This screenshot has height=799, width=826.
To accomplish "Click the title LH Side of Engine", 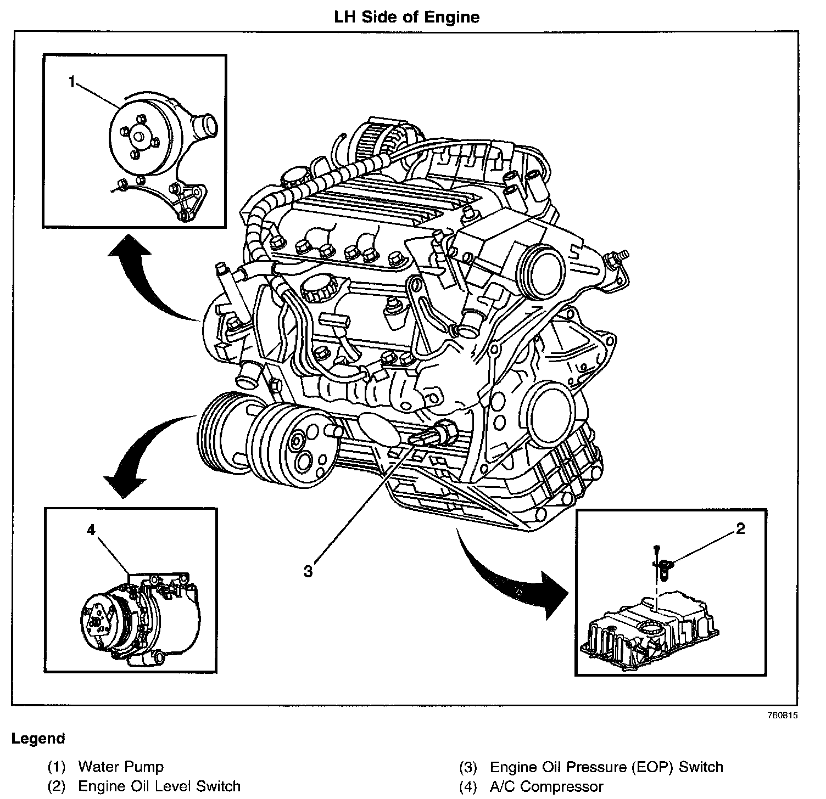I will (x=407, y=17).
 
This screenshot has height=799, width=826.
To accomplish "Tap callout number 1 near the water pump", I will (x=71, y=82).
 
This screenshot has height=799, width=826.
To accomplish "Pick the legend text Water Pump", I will (x=121, y=766).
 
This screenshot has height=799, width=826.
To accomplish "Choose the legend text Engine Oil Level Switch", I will (x=159, y=786).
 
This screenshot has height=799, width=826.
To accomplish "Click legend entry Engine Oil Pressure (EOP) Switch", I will (x=606, y=766).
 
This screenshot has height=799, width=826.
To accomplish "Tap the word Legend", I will (x=38, y=739).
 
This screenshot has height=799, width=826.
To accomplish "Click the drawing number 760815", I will (x=782, y=716).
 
